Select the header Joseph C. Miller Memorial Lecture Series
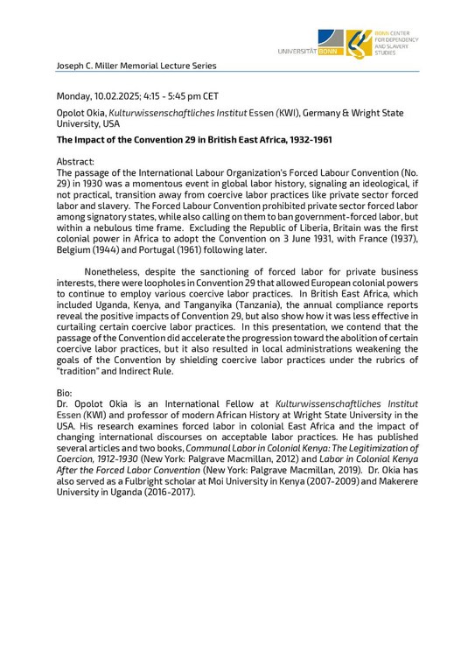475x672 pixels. (x=136, y=66)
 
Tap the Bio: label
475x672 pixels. (x=66, y=394)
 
